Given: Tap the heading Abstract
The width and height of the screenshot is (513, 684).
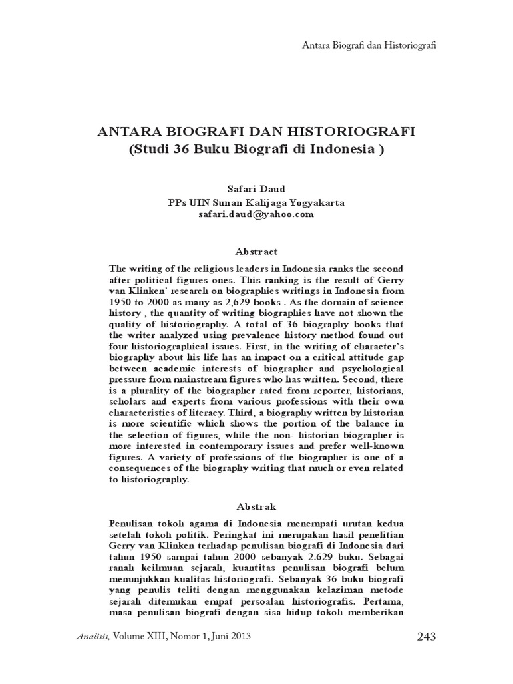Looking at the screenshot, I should click(256, 252).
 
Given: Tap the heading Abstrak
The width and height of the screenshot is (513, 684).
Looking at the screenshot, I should click(256, 506).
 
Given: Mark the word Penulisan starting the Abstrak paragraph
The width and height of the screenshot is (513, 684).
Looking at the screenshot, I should click(132, 521).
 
